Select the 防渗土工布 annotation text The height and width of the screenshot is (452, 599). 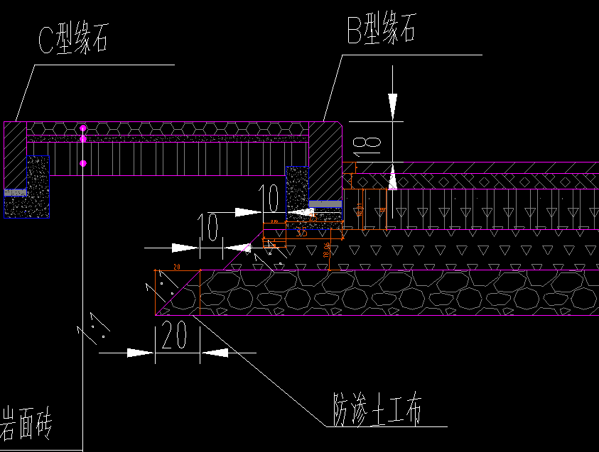(x=377, y=409)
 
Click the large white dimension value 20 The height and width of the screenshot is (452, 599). (x=175, y=335)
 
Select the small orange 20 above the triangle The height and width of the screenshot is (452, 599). (x=176, y=267)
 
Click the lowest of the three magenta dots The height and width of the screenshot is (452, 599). (x=83, y=163)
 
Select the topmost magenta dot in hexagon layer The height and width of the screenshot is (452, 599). (x=83, y=128)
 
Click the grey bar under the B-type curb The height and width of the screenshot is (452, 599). (x=325, y=204)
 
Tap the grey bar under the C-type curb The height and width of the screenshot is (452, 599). (x=15, y=192)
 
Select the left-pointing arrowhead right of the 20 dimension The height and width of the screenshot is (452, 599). (x=214, y=352)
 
